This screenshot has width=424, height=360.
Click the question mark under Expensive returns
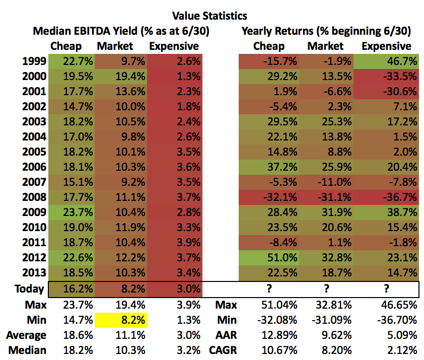coord(386,289)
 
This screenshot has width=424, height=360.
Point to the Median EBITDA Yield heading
coord(121,31)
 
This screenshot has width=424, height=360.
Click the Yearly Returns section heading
coord(326,31)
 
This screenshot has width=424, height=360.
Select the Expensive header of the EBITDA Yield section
coord(174,46)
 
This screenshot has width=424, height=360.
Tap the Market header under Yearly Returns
coord(325,46)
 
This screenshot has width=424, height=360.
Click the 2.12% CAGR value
coord(400,350)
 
